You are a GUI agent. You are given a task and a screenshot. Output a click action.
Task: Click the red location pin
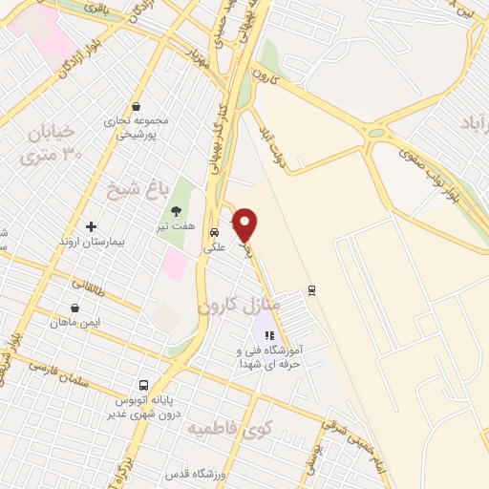(x=245, y=223)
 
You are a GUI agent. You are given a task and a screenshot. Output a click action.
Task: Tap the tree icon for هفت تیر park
(x=175, y=211)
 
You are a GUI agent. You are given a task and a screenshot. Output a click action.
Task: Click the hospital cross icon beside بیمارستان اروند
(x=92, y=227)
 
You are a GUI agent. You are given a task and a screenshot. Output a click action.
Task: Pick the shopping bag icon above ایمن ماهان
(x=75, y=308)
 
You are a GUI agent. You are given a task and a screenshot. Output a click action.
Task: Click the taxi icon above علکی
(x=215, y=231)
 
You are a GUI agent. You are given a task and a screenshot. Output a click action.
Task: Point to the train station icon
(x=311, y=289)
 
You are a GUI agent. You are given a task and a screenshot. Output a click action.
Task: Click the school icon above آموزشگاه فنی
(x=269, y=335)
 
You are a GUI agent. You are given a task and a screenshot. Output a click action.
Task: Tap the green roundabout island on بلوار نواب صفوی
(x=376, y=133)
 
